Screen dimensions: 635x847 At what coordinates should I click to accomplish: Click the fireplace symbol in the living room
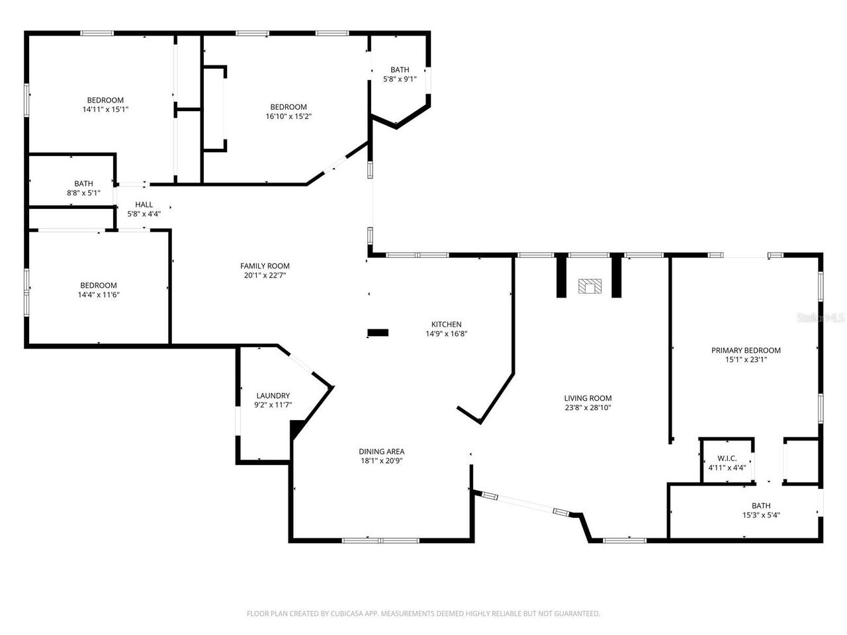590,286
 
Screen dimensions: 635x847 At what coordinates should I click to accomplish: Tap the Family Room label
265,266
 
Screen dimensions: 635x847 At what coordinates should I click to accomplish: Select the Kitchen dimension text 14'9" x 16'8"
446,334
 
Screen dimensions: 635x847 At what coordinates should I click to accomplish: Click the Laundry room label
273,396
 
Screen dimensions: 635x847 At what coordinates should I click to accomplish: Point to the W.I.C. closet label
727,458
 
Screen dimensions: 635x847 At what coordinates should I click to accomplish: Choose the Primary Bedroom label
746,351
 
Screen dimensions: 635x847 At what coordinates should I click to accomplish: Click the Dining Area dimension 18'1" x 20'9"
382,461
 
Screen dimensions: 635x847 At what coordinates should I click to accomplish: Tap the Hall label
144,205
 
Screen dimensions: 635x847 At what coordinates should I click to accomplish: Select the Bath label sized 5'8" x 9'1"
400,69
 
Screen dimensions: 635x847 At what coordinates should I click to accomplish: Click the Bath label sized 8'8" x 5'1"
83,183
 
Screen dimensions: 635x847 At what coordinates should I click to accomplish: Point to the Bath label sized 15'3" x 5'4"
761,505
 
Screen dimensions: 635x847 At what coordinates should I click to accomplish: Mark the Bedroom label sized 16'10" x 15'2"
289,107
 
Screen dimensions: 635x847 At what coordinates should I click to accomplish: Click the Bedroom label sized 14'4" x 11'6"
98,286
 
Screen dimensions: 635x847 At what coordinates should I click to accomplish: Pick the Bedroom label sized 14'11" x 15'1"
105,101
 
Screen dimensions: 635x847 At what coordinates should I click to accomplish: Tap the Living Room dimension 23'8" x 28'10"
588,408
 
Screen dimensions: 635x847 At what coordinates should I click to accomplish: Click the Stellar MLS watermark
821,318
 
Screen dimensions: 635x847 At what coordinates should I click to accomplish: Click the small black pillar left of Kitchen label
378,333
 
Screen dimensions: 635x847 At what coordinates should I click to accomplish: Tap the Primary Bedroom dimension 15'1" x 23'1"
746,360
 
